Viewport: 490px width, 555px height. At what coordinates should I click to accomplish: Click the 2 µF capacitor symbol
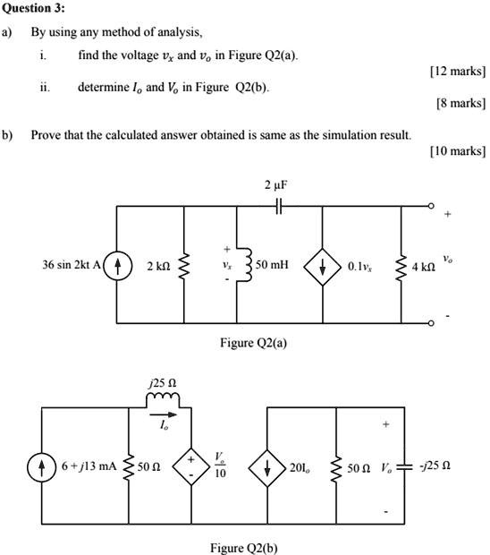(x=279, y=206)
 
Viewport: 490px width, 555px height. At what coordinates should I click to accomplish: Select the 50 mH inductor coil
(x=248, y=265)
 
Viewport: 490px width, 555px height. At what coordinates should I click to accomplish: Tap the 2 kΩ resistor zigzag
(x=184, y=265)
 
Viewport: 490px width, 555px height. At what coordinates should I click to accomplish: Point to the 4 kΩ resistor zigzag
(x=401, y=268)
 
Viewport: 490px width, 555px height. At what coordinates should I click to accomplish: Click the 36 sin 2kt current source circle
(x=117, y=266)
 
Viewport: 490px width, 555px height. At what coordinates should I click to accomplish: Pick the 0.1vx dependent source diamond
(x=323, y=267)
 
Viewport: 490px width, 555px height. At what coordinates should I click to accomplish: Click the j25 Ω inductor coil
(x=163, y=398)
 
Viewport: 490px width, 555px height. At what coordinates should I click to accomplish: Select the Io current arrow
(x=163, y=414)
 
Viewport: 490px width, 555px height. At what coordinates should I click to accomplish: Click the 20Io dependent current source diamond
(x=267, y=467)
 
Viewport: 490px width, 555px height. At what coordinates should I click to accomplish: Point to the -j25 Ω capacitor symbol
(x=404, y=467)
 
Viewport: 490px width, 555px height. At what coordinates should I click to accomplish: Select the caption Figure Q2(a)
(x=253, y=343)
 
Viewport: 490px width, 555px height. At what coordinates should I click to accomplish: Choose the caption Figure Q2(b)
(x=244, y=548)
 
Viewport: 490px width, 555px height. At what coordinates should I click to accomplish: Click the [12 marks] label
(x=458, y=71)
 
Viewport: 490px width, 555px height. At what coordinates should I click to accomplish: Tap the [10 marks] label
(x=458, y=151)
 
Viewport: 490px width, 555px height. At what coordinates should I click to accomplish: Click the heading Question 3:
(x=34, y=8)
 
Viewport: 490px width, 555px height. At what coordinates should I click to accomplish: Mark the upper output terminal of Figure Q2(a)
(x=431, y=206)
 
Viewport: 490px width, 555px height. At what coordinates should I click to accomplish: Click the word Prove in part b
(x=44, y=135)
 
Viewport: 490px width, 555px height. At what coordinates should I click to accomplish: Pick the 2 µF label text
(x=276, y=185)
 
